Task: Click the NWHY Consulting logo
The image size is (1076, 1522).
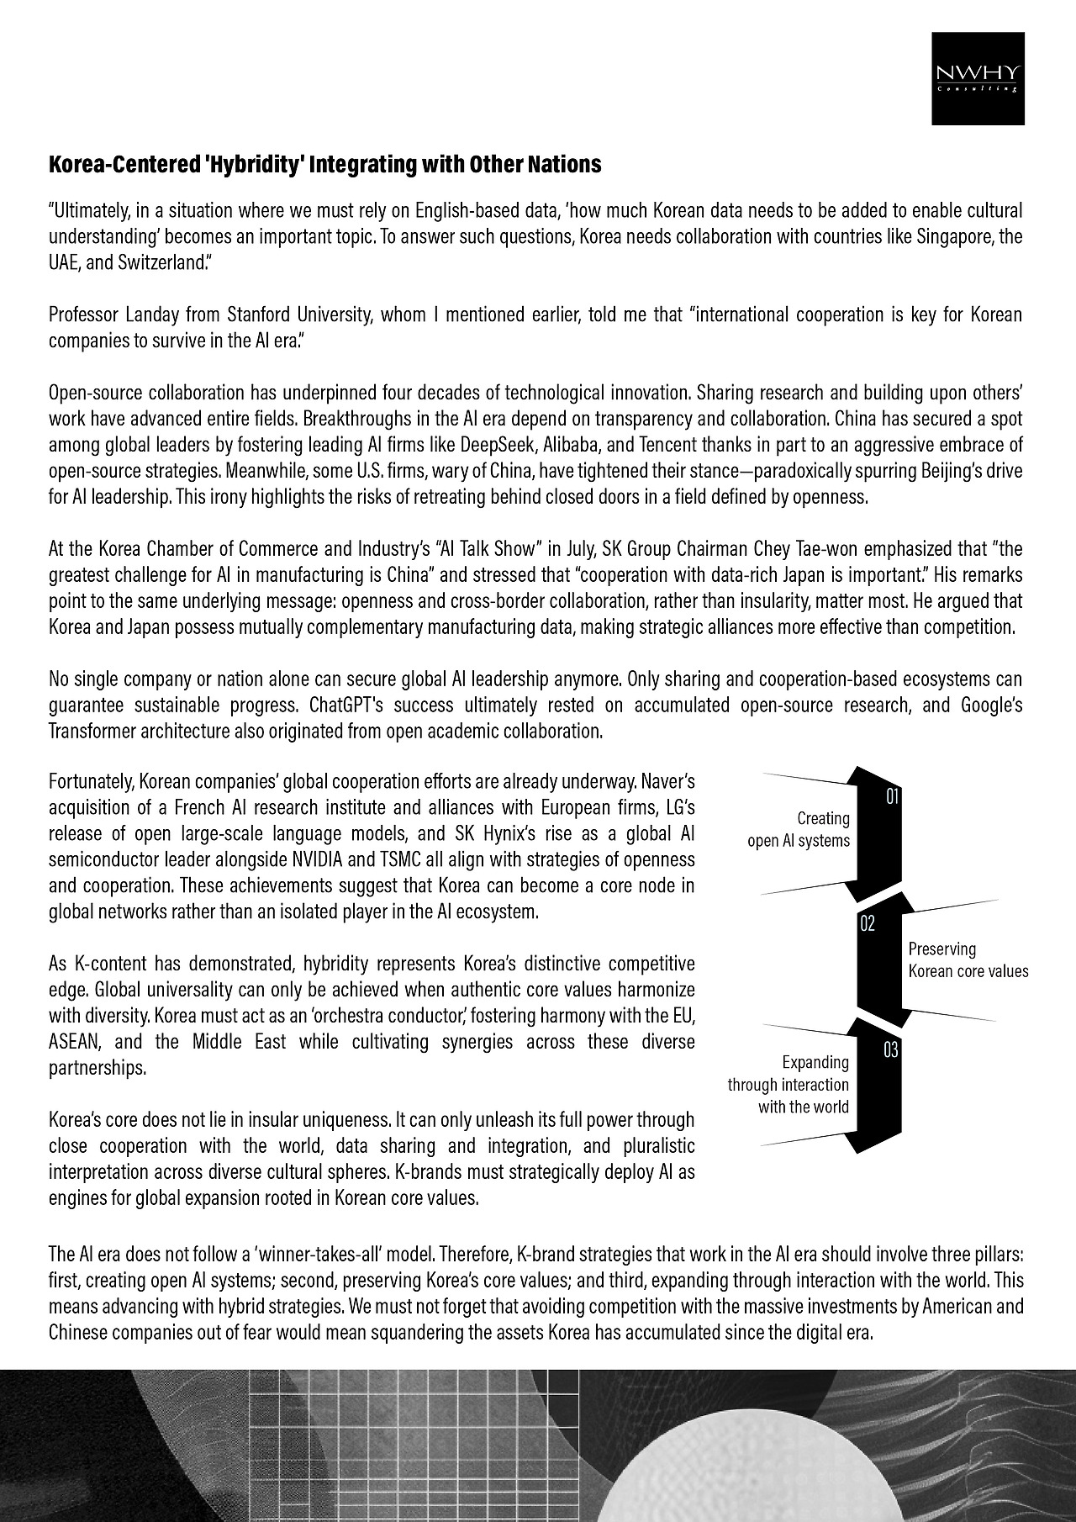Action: point(978,78)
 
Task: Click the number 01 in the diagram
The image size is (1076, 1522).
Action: point(894,796)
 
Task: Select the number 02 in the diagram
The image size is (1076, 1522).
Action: point(867,924)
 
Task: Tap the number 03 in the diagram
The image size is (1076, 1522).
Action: point(891,1049)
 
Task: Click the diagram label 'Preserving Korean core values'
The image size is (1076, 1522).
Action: point(968,960)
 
